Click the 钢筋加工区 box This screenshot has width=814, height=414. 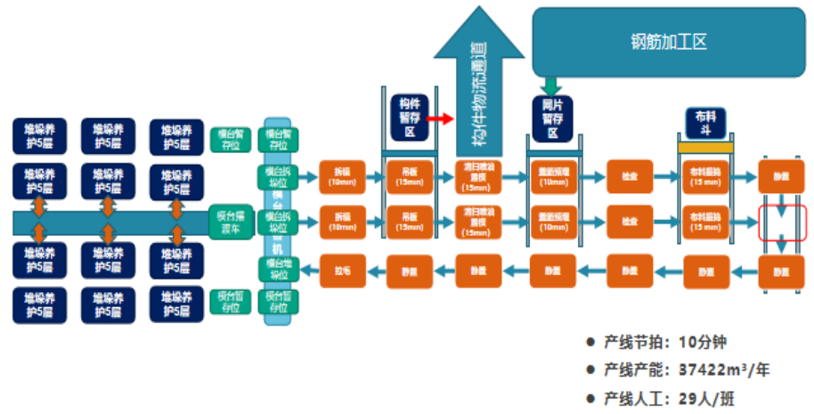[x=669, y=42]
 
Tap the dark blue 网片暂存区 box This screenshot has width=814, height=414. [x=552, y=118]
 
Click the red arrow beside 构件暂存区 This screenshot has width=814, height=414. [x=436, y=118]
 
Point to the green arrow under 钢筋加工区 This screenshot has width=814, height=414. [x=551, y=85]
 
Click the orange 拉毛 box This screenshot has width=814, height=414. [x=342, y=270]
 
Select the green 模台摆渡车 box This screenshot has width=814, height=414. [x=232, y=220]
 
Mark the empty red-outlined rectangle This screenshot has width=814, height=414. [x=781, y=223]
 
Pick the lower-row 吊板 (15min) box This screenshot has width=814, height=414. [x=409, y=221]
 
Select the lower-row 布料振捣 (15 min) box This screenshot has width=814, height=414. [x=705, y=221]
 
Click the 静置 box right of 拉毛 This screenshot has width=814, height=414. [x=409, y=270]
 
